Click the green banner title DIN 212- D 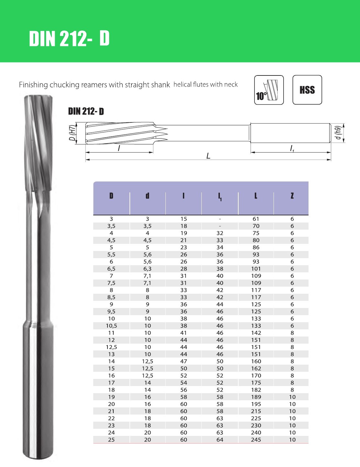[69, 39]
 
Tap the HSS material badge [307, 90]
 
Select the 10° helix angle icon [269, 90]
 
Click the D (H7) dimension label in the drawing [73, 133]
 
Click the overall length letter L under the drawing [208, 156]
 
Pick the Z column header [292, 196]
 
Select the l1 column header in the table [220, 197]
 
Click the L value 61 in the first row [256, 219]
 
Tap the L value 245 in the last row [256, 440]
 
